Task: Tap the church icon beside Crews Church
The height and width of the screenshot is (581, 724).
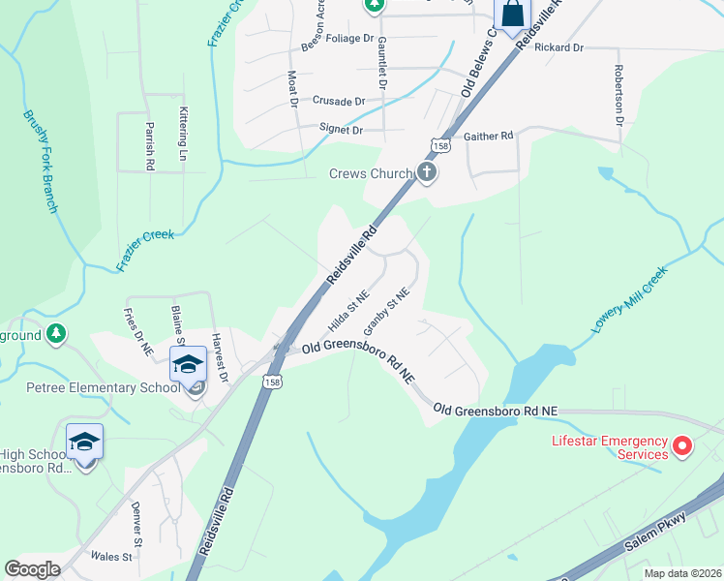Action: click(427, 173)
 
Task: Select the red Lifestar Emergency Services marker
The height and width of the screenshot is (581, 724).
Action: click(682, 446)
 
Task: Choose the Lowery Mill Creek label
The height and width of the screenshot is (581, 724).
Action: click(644, 302)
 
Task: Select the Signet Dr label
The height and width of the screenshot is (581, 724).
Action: click(341, 129)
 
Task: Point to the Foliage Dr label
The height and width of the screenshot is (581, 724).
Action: click(349, 39)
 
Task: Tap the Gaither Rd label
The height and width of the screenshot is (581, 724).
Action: click(488, 137)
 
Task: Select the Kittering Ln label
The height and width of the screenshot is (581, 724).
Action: click(181, 134)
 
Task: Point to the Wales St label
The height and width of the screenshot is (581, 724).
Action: click(112, 557)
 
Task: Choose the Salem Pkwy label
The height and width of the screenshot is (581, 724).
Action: click(662, 528)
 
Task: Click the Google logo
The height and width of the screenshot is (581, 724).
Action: click(33, 568)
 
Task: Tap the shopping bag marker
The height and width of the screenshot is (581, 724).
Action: click(512, 14)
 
